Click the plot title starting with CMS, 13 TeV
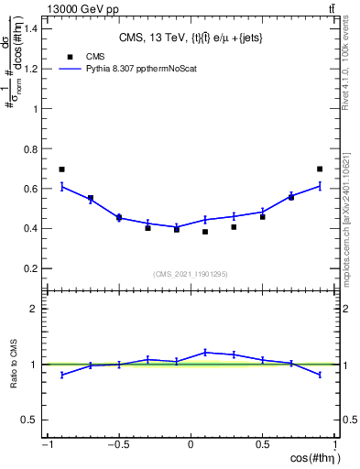point(191,38)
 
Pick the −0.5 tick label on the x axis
point(116,445)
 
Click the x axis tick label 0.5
point(262,445)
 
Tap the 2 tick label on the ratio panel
point(33,309)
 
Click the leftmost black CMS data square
point(62,169)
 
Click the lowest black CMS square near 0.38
point(205,232)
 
